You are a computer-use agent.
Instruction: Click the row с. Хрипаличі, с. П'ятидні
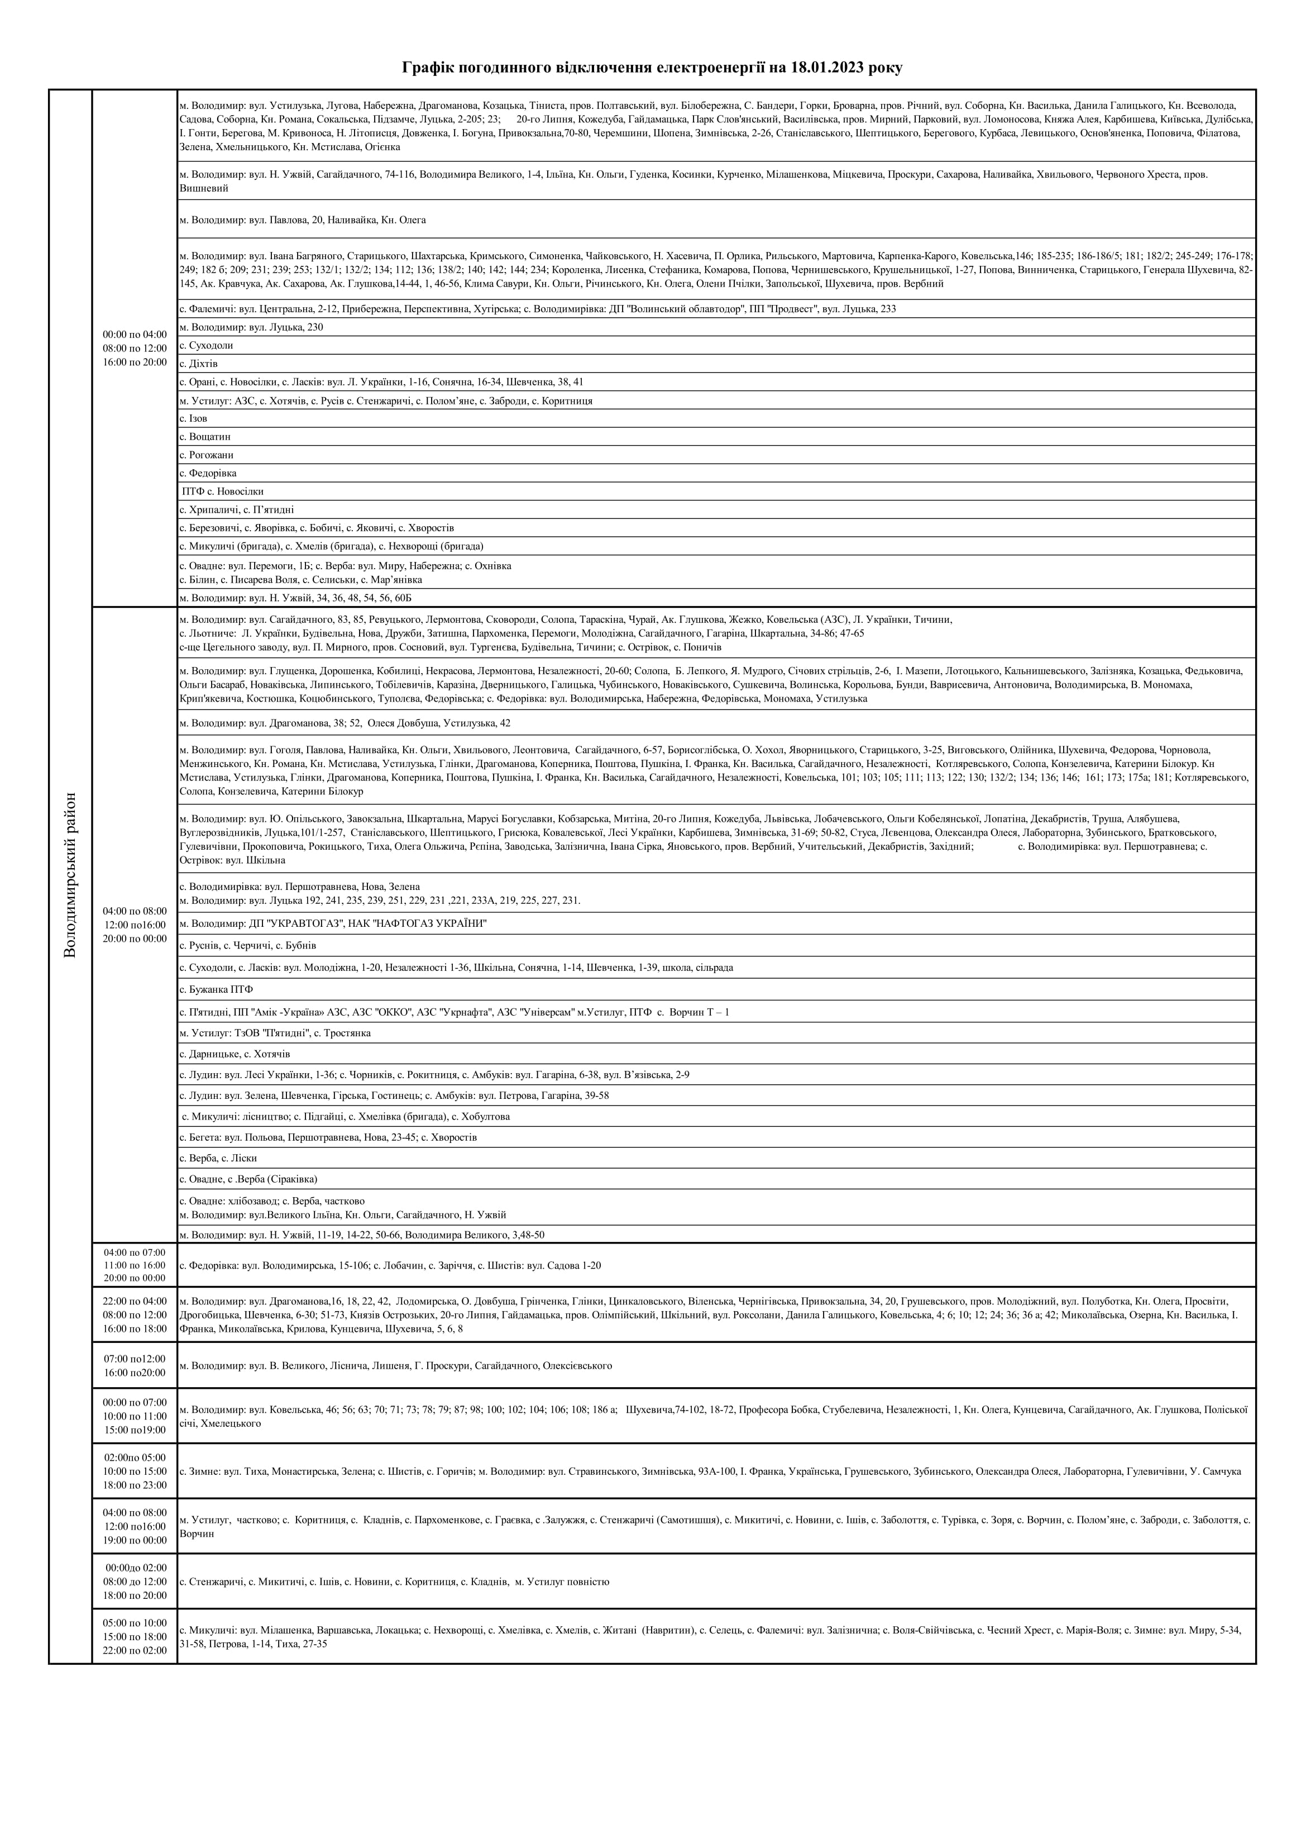[x=237, y=510]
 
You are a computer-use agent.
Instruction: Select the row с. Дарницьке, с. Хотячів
[x=234, y=1054]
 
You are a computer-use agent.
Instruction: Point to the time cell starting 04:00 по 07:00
[x=135, y=1265]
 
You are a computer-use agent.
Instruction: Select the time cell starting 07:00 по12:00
[x=135, y=1366]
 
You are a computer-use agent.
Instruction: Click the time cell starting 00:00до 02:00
[x=135, y=1582]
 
